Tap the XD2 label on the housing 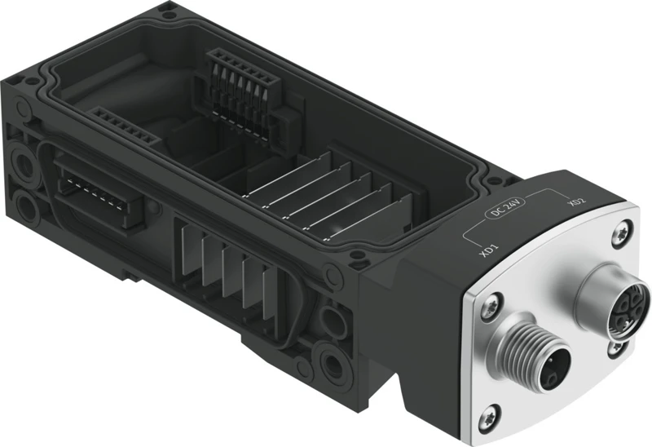point(576,201)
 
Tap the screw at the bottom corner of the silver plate point(493,413)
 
